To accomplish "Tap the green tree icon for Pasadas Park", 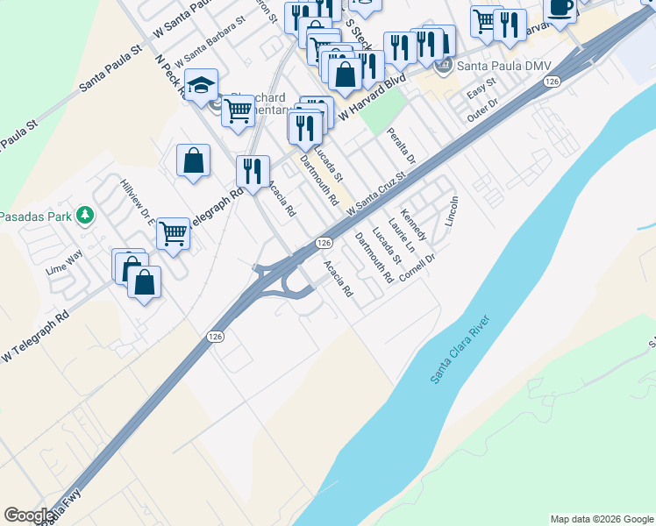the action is point(85,215).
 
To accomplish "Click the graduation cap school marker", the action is point(202,86).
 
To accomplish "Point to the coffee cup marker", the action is point(560,8).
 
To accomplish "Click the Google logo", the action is point(28,515).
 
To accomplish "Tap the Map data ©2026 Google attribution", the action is point(602,519).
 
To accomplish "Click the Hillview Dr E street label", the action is point(138,202).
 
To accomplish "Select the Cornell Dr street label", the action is point(417,268).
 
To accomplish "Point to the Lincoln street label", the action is point(452,210).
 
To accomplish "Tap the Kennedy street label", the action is point(413,225).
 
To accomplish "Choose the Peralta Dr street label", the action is point(401,140).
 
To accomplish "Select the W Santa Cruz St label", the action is point(378,195).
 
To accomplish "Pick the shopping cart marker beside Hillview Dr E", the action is point(174,233).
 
